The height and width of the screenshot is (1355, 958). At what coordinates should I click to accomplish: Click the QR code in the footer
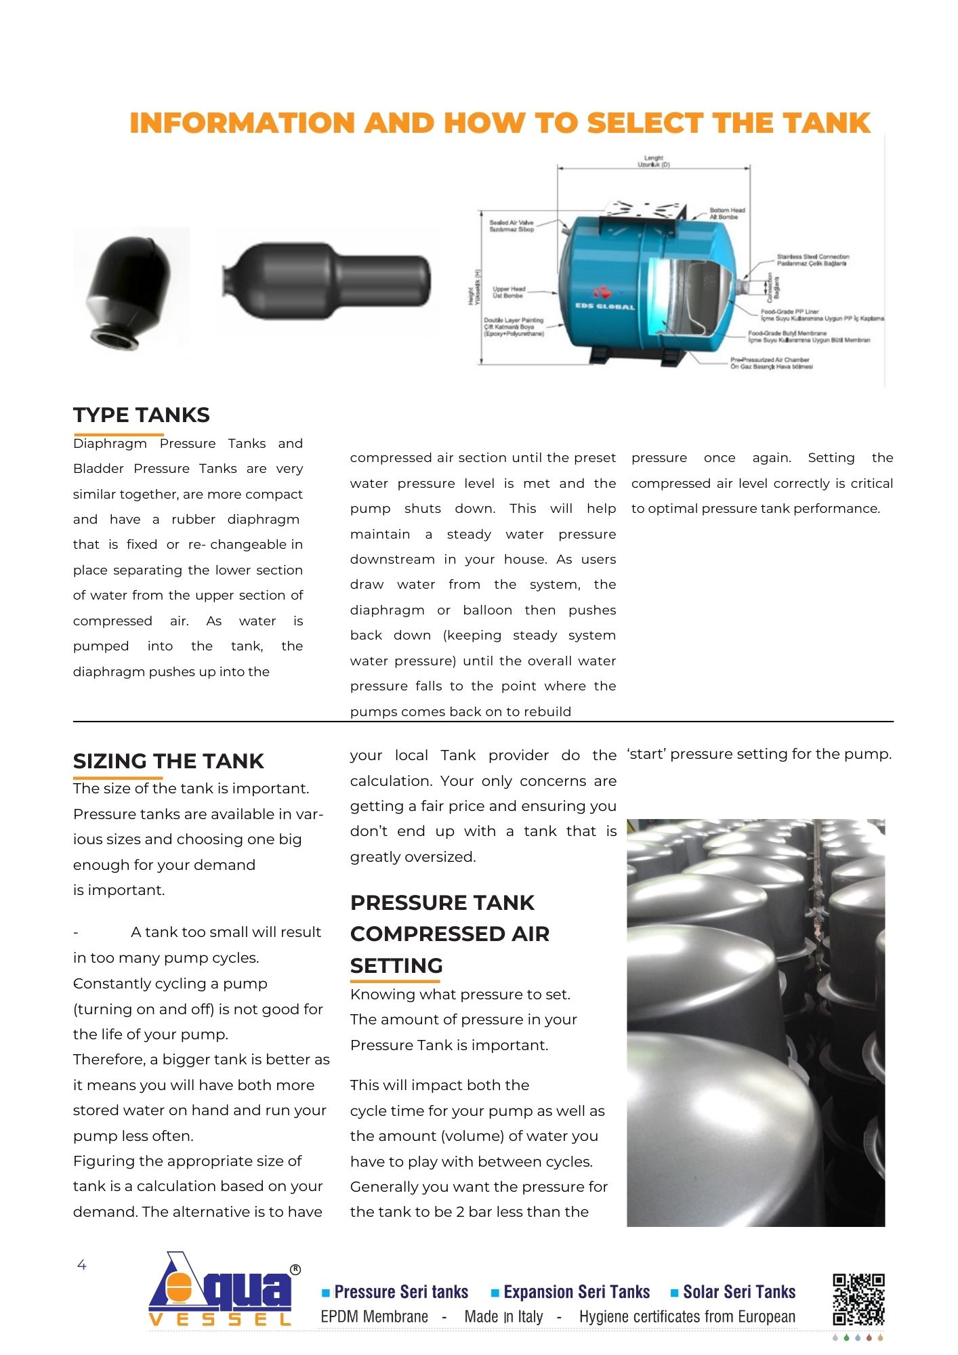(x=858, y=1299)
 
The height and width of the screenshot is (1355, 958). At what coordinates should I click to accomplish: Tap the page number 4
(x=82, y=1265)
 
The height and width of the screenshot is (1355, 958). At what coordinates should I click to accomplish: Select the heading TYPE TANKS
(x=142, y=415)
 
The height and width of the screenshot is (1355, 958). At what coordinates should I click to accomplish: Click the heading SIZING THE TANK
(x=168, y=761)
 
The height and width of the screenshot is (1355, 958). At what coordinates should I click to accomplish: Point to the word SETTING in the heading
(x=396, y=965)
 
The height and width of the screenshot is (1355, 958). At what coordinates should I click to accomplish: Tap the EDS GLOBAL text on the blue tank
(x=605, y=306)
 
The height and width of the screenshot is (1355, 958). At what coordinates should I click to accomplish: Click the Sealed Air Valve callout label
(x=512, y=226)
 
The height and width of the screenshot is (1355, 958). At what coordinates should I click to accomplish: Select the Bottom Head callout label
(x=727, y=213)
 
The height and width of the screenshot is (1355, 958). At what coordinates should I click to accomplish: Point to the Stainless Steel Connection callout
(x=812, y=260)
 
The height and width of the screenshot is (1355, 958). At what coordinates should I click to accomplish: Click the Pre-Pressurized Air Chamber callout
(x=770, y=363)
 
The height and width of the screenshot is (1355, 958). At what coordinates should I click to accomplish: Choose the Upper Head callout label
(x=508, y=292)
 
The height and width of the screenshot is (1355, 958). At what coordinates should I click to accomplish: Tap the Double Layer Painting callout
(x=514, y=327)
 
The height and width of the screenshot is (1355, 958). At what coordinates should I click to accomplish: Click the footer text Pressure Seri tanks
(x=401, y=1292)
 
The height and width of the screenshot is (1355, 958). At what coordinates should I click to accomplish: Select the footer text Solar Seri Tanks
(x=739, y=1292)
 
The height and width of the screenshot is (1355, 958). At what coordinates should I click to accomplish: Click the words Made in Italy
(x=503, y=1316)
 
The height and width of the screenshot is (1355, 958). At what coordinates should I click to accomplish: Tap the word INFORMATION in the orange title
(x=242, y=123)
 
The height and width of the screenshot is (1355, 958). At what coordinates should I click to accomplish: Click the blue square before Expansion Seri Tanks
(x=495, y=1293)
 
